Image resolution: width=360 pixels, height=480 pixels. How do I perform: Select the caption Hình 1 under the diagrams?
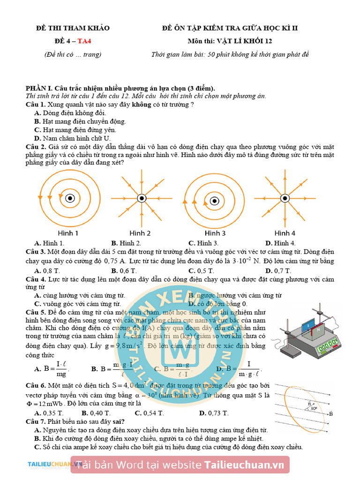[68, 233]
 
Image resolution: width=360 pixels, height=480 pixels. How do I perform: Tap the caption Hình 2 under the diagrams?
[140, 233]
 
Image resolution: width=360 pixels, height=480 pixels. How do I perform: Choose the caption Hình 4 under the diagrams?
[285, 233]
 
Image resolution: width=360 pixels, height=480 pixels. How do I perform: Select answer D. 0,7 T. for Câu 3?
[278, 271]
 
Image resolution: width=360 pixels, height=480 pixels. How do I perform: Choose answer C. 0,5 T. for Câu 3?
[201, 271]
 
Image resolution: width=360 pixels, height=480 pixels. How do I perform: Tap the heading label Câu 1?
[35, 105]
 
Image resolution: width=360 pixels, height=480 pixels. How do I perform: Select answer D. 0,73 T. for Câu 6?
[214, 413]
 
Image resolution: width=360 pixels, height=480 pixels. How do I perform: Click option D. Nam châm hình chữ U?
[72, 138]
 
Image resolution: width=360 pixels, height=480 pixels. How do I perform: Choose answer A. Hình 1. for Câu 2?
[49, 243]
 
